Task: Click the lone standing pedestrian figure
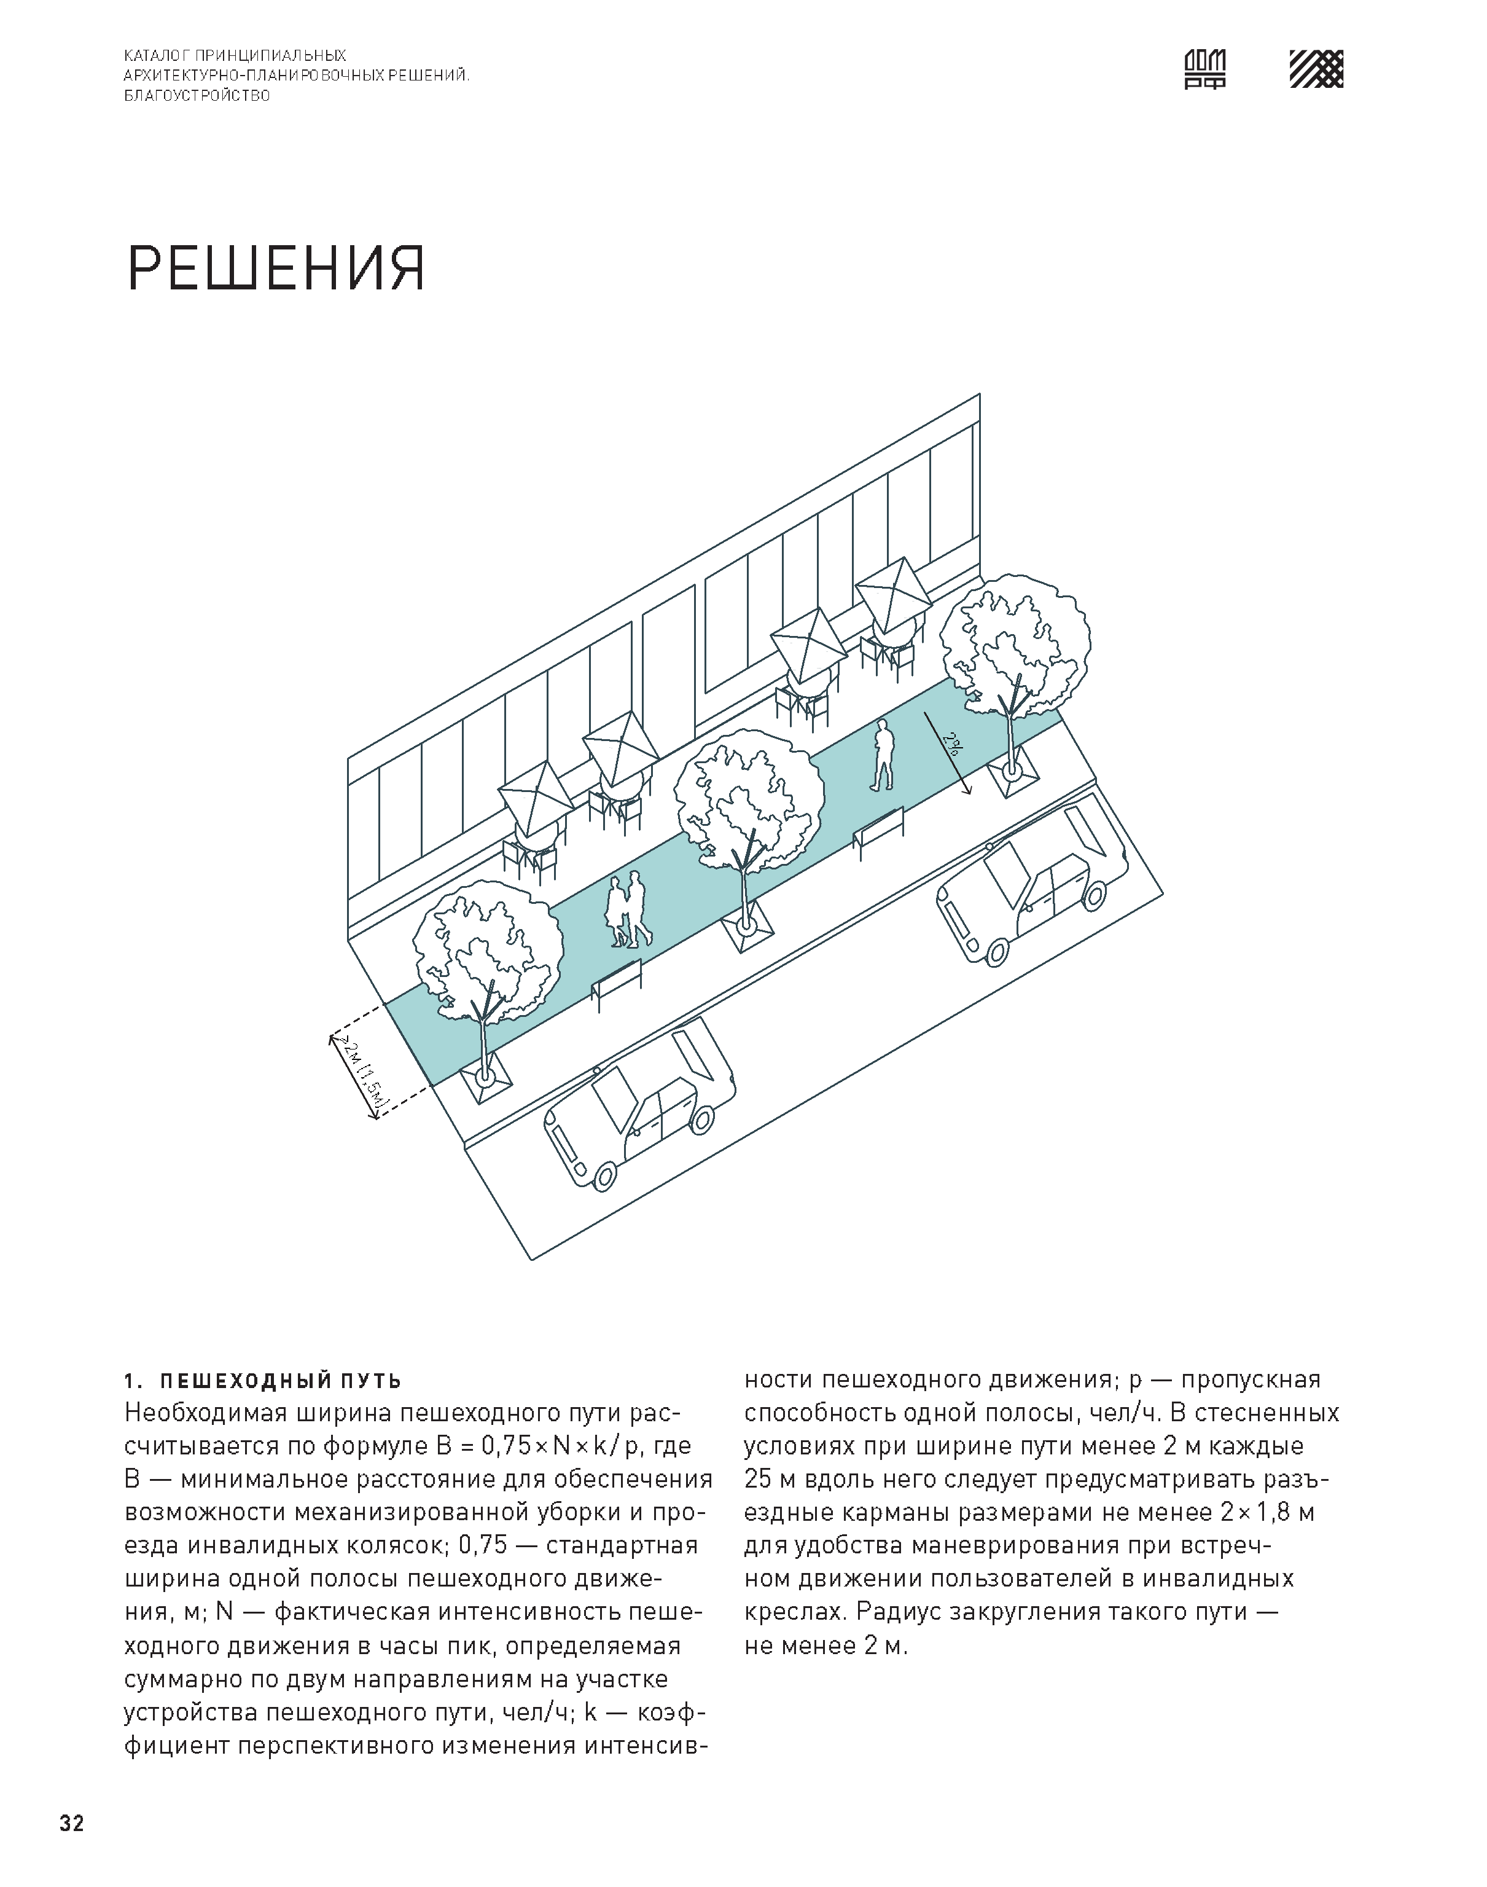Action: click(x=883, y=755)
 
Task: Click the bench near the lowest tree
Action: click(x=617, y=984)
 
